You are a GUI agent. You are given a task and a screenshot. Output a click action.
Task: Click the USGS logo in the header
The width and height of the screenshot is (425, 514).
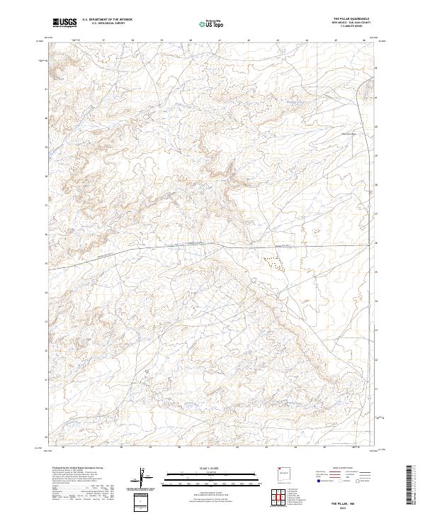[65, 23]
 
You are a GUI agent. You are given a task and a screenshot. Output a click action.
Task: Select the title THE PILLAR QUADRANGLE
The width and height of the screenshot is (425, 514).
[350, 18]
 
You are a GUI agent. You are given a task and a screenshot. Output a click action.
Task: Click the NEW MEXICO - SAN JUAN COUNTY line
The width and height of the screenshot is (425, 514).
[350, 23]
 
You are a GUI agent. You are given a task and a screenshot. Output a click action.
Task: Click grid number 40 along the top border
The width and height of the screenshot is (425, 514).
[191, 41]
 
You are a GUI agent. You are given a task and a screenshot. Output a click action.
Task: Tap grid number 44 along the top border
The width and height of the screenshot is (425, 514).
[307, 41]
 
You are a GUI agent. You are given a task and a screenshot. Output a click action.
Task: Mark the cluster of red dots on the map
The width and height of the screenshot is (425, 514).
[273, 262]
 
